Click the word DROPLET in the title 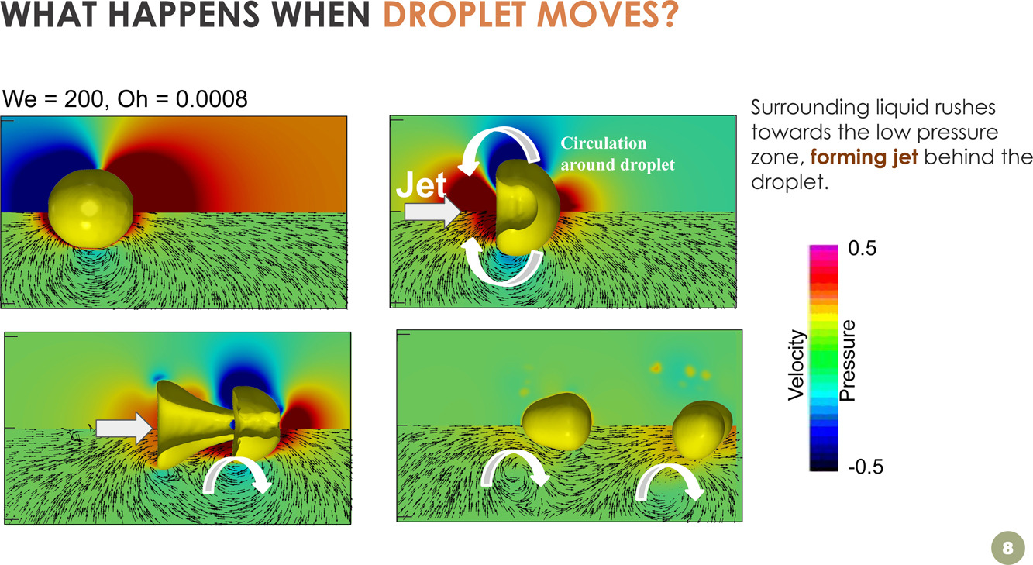456,14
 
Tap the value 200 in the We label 84,98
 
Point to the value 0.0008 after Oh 212,98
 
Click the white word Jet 421,185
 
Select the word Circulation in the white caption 603,143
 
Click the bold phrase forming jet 864,157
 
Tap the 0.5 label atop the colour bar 862,248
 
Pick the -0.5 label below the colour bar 866,467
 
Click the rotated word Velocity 797,365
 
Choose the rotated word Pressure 847,360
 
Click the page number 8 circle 1007,547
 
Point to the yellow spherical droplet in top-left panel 91,209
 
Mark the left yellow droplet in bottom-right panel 556,421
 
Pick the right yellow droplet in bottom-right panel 701,430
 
